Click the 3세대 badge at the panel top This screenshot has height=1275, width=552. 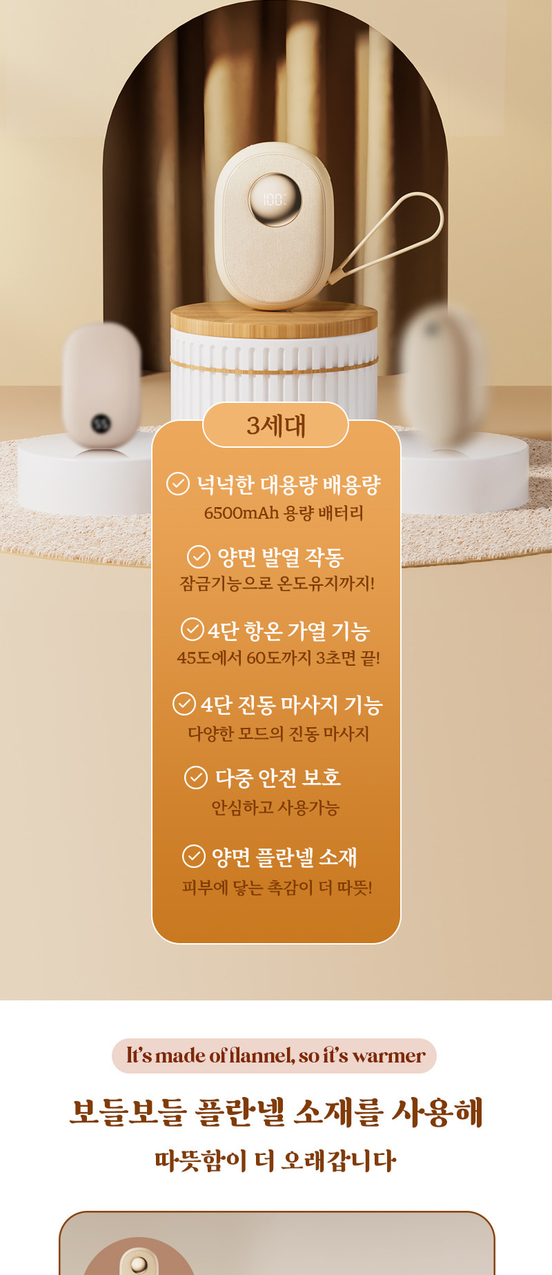pos(275,425)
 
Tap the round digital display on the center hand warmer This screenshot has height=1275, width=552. pos(275,199)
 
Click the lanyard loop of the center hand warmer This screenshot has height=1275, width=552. pos(407,228)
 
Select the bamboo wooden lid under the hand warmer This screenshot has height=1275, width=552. pos(274,319)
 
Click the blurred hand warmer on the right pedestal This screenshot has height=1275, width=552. pos(442,373)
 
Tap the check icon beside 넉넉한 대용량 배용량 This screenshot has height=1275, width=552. pos(178,484)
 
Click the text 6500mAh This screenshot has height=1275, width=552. pos(241,513)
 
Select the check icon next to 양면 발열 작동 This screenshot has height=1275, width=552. pos(199,556)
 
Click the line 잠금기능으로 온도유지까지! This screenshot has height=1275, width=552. pos(277,584)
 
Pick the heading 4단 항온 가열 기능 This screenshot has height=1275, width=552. pos(288,631)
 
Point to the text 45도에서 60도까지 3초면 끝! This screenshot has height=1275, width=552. pos(278,658)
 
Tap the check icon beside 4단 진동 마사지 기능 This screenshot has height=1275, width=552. pos(184,704)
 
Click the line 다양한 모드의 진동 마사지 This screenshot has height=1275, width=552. pos(278,733)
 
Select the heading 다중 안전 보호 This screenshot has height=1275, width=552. pos(278,778)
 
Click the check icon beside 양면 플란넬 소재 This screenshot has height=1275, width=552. pos(194,856)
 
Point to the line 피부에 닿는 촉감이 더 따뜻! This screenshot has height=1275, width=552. pos(277,887)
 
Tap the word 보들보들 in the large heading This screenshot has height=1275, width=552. pos(128,1112)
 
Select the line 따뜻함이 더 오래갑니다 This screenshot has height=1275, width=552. pos(275,1160)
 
